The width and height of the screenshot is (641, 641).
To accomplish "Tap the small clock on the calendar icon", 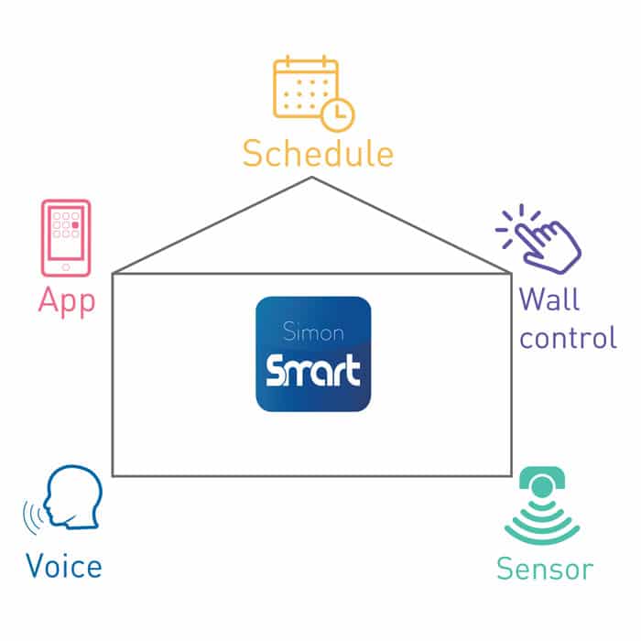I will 338,114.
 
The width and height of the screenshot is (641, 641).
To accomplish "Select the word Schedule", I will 318,154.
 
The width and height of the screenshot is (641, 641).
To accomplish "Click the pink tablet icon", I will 66,238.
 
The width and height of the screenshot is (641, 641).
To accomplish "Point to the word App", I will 66,301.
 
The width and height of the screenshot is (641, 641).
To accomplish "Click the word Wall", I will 549,299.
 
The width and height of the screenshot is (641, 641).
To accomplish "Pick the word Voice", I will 63,565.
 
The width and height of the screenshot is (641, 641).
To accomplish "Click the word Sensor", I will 544,569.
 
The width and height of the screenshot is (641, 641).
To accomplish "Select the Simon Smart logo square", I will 313,353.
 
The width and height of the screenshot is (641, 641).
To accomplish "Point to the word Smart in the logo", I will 313,372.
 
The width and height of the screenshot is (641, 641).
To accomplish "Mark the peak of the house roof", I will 312,178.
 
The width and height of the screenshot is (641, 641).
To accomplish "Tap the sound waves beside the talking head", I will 34,520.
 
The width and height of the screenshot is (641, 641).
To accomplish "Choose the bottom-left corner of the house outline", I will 113,476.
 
